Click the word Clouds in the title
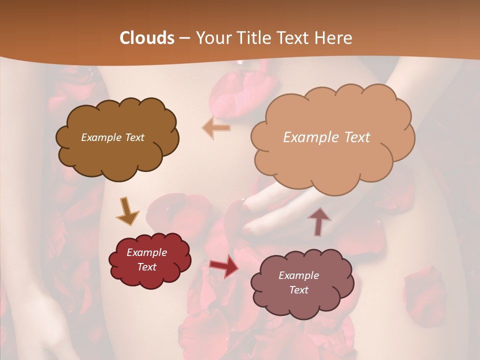coord(147,38)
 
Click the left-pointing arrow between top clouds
coord(216,128)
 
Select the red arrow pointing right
coord(224,266)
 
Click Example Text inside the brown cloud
coord(112,137)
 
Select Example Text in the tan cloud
coord(326,137)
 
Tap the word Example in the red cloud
coord(146,252)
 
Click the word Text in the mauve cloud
coord(298,290)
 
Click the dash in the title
coord(184,38)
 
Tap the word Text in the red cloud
coord(146,267)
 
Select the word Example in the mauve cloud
coord(298,275)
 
